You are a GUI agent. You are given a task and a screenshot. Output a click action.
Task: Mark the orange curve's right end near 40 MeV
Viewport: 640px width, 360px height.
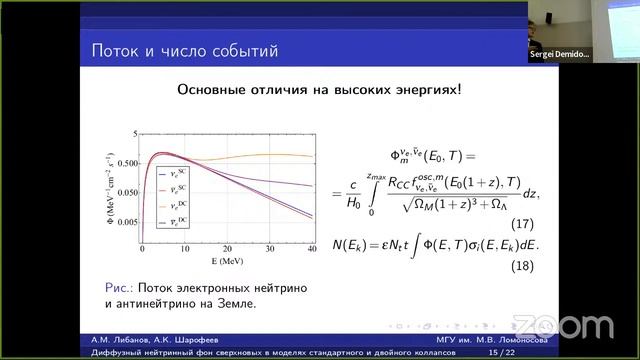[x=311, y=156]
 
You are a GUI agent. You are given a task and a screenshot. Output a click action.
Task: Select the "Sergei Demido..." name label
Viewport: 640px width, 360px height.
[x=556, y=54]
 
